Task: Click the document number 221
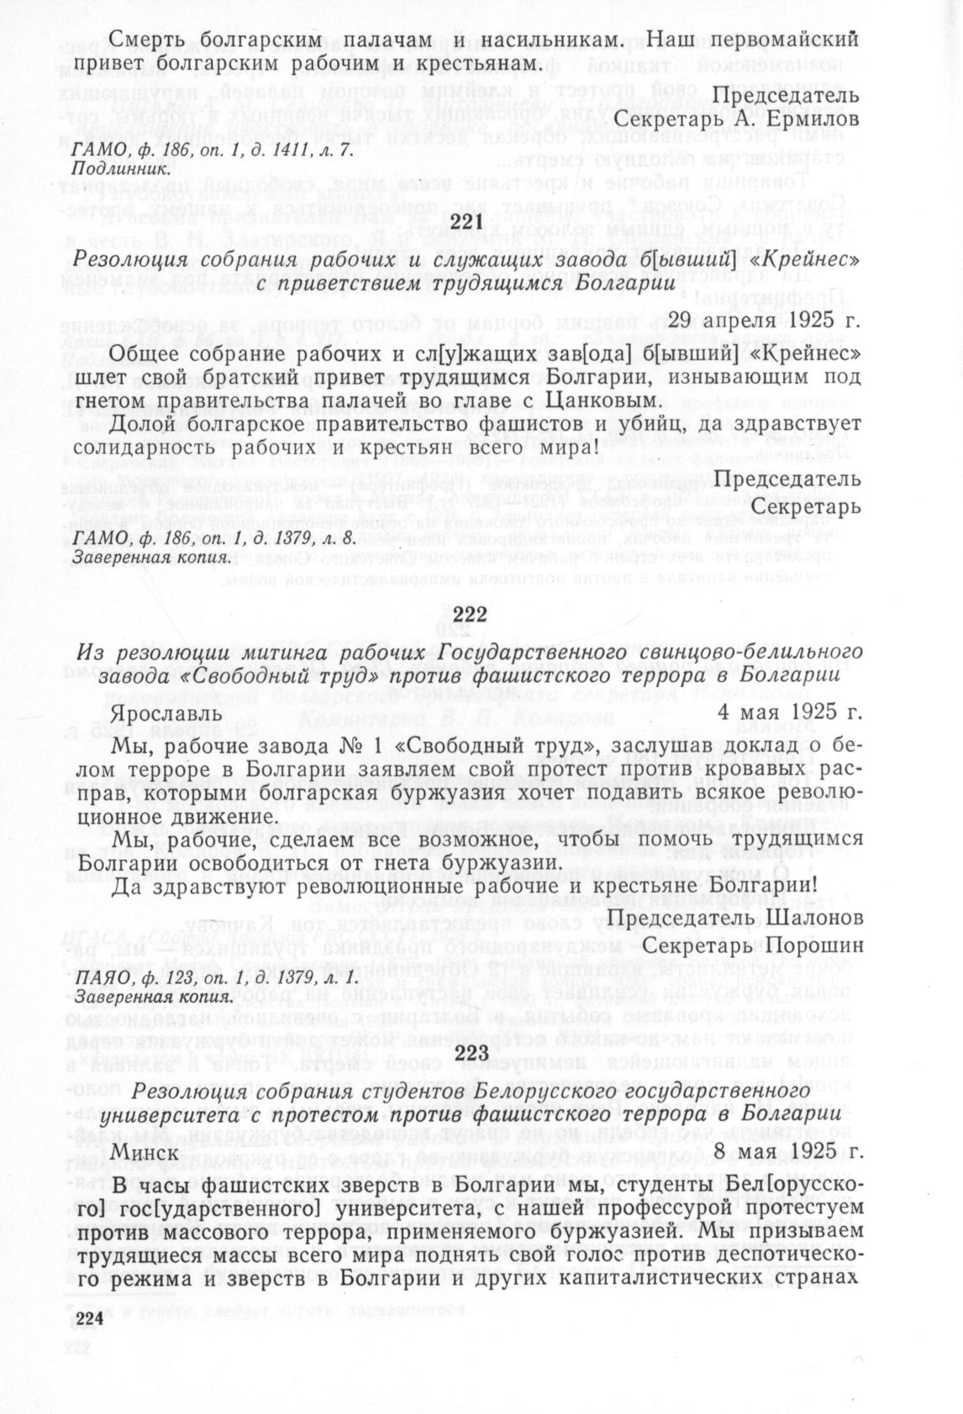468,223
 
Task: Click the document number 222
470,615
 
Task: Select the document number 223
471,1053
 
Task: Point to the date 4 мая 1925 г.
790,712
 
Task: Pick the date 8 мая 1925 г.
789,1152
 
